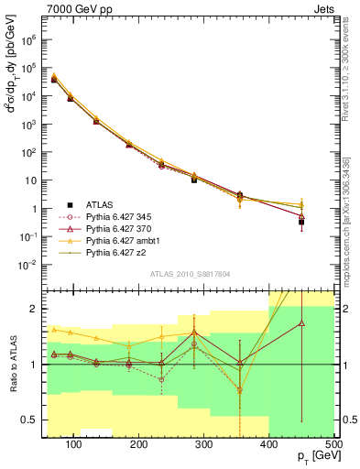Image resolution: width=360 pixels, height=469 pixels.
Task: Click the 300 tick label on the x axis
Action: click(204, 443)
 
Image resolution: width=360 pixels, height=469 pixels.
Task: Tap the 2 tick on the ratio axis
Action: click(34, 308)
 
